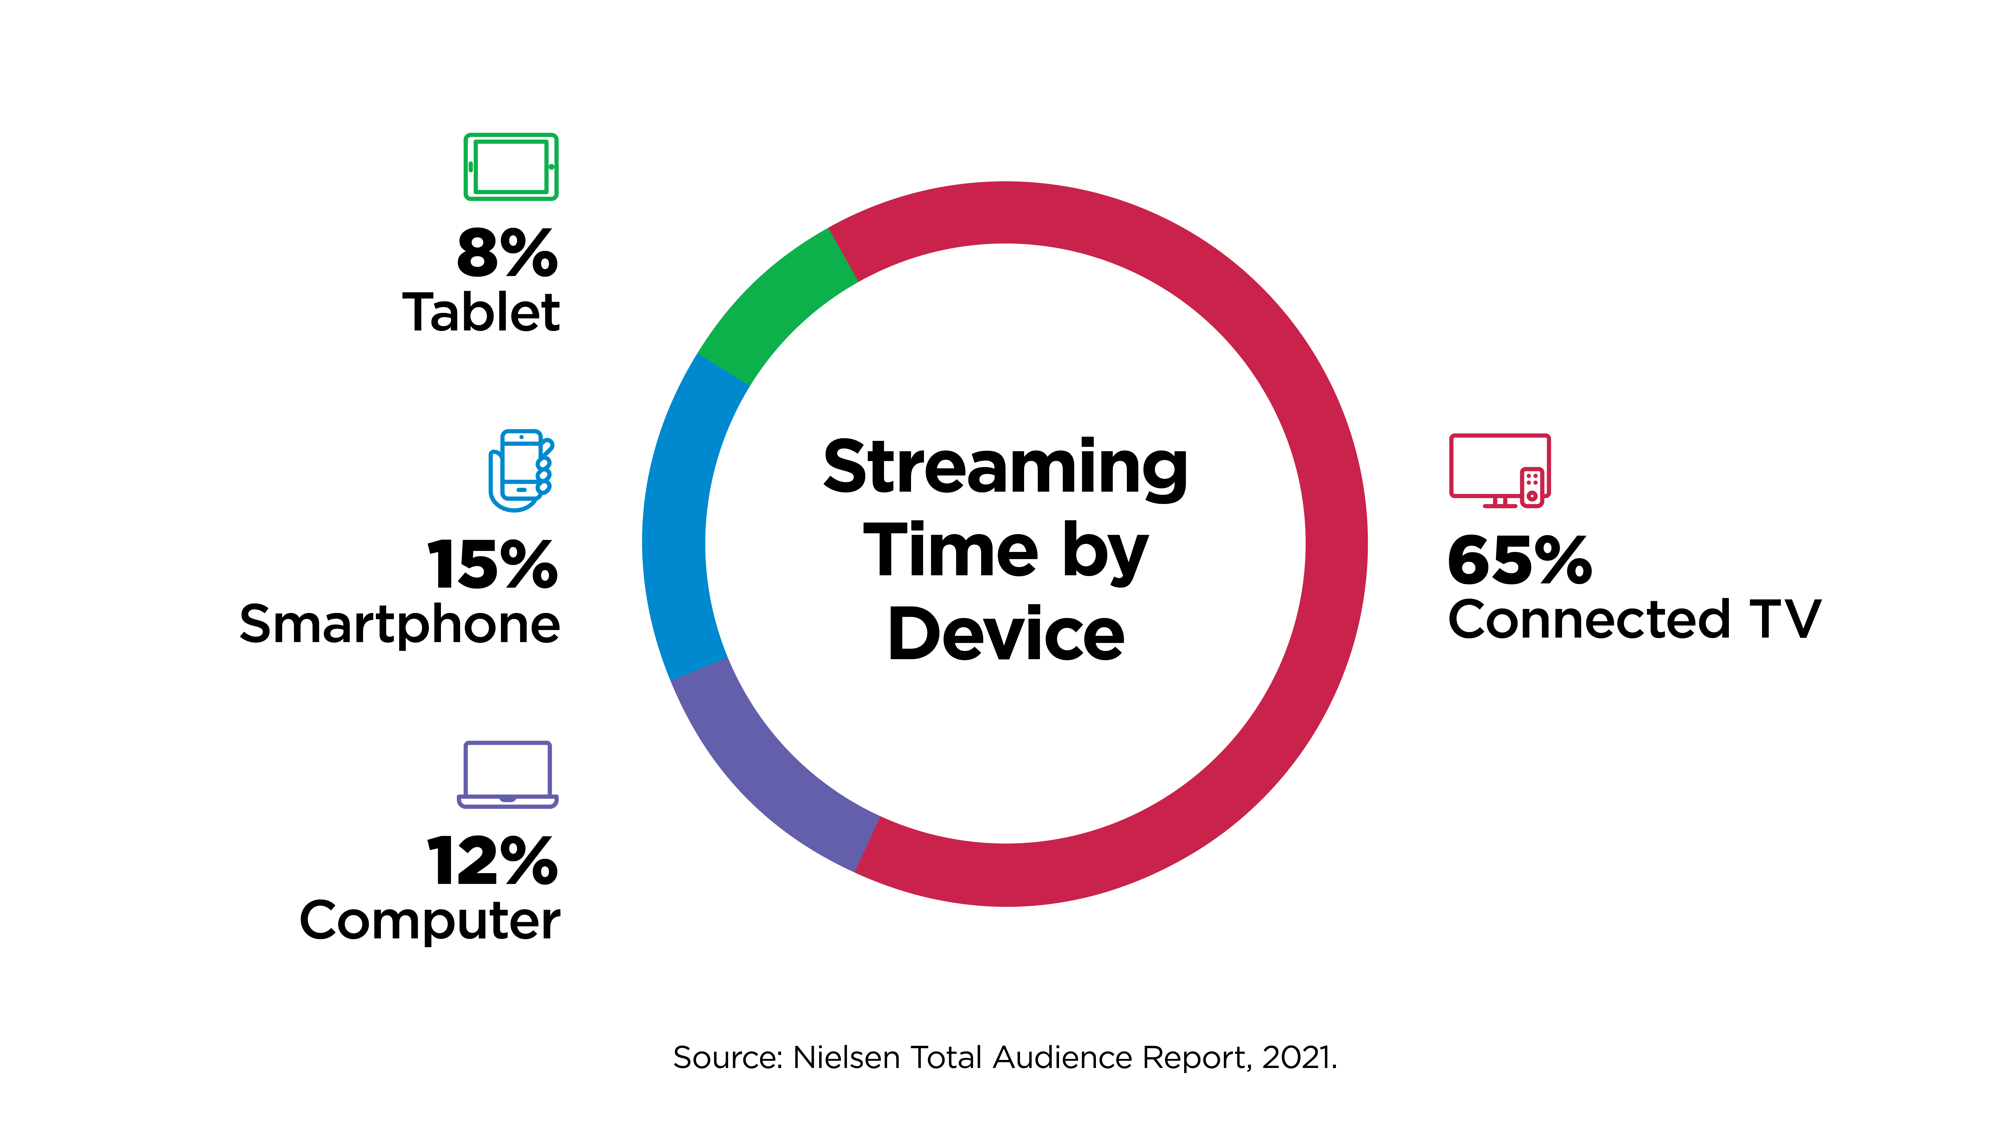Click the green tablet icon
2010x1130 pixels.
(511, 167)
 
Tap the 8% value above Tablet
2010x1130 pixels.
(507, 253)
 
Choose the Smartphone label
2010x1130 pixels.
(399, 626)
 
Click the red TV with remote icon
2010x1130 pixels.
(1500, 470)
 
